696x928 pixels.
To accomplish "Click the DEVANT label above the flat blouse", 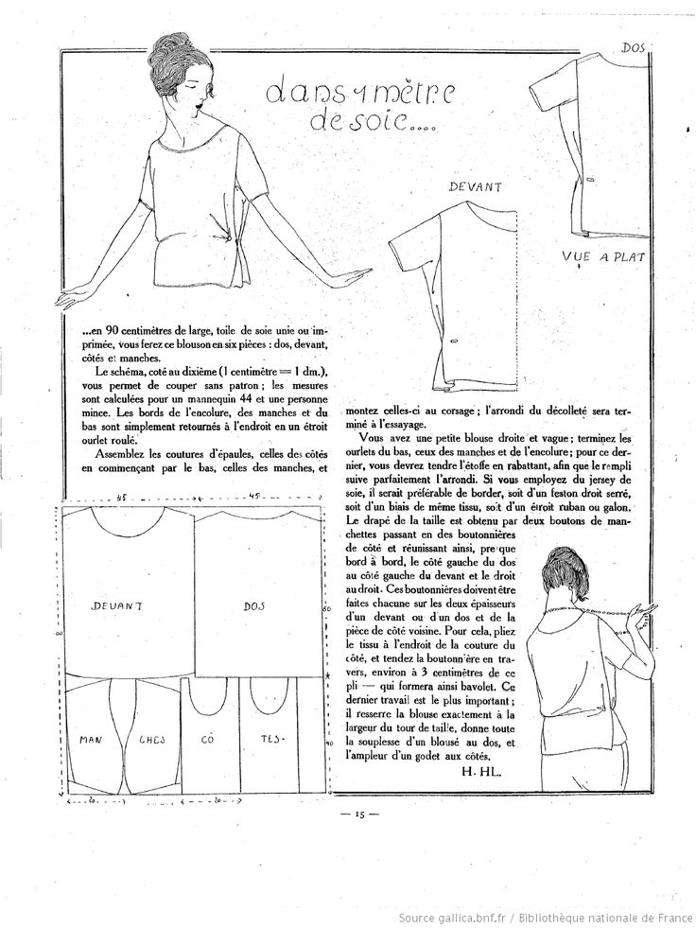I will (474, 188).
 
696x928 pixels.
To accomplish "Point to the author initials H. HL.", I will (480, 772).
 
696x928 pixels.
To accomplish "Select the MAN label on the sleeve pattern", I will (92, 739).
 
